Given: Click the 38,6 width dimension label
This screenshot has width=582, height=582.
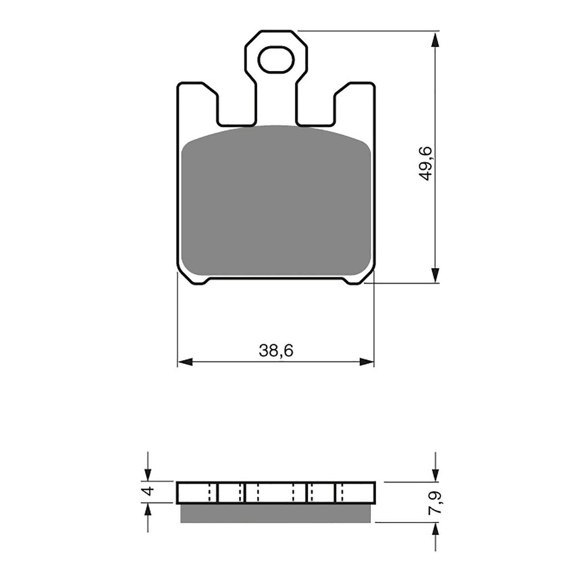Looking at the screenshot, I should click(x=276, y=351).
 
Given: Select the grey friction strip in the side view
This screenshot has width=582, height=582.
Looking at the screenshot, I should click(x=276, y=513).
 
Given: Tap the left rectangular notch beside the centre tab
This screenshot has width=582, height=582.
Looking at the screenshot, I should click(x=236, y=109).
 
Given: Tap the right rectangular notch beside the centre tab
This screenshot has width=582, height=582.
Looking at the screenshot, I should click(x=316, y=109).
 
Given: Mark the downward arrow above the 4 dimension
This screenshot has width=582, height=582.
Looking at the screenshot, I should click(x=148, y=471).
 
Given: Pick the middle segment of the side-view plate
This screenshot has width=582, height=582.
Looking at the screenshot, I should click(x=276, y=492).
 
